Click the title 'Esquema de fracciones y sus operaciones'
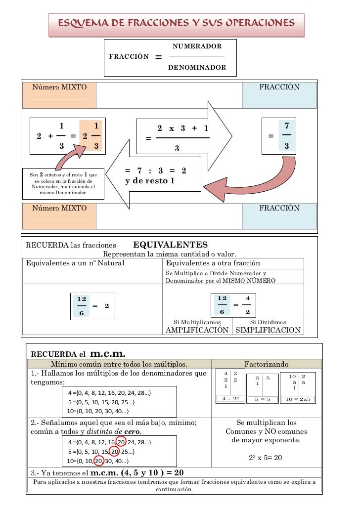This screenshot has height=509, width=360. (176, 23)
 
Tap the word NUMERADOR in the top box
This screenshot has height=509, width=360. (196, 46)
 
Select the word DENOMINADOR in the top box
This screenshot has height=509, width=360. (197, 67)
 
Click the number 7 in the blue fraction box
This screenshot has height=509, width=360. (287, 127)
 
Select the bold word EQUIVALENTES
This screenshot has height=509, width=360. (171, 245)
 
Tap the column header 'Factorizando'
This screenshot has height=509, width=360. (267, 364)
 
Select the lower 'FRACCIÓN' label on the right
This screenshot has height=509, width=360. (279, 208)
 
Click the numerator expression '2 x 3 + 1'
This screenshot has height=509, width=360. (182, 128)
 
